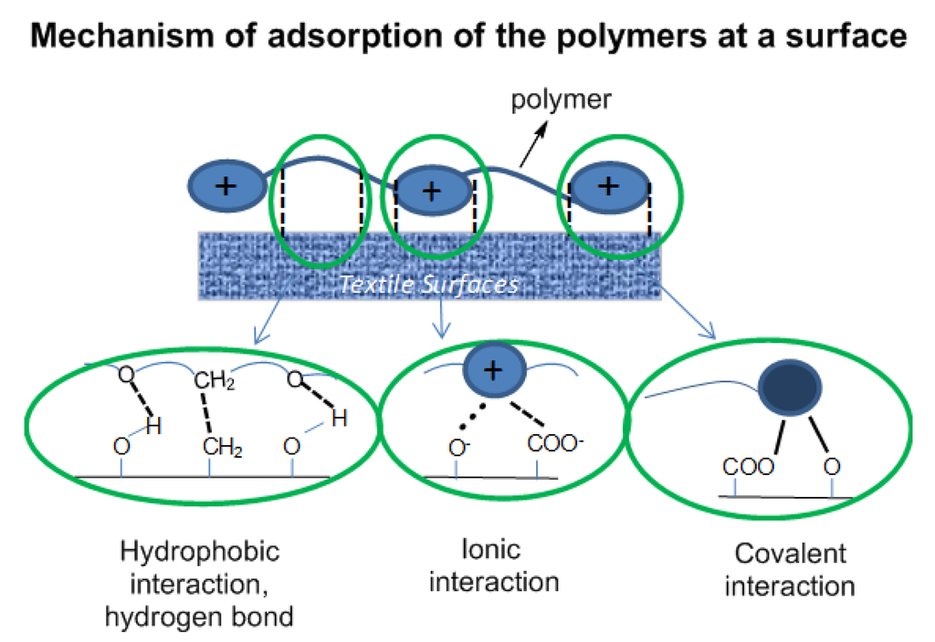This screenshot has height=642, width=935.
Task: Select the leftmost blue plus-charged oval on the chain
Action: pyautogui.click(x=225, y=186)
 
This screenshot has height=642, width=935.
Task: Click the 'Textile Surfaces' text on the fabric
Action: pyautogui.click(x=428, y=284)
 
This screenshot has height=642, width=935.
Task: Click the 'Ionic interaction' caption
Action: pyautogui.click(x=493, y=564)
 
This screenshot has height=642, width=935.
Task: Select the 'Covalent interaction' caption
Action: pyautogui.click(x=790, y=569)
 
